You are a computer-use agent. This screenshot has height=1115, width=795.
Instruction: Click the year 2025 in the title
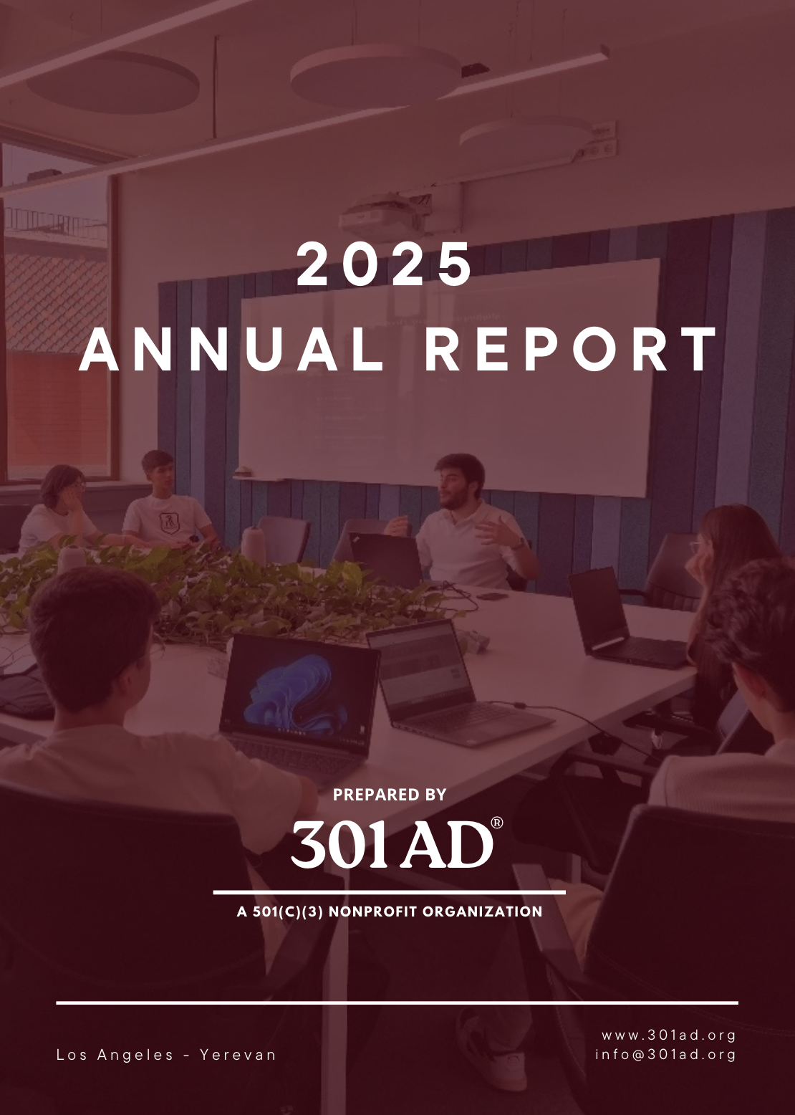[x=385, y=264]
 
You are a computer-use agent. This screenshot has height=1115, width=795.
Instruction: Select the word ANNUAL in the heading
[x=231, y=350]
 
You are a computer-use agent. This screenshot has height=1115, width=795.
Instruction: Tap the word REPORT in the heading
[x=572, y=350]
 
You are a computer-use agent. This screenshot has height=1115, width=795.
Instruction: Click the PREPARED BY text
[x=390, y=795]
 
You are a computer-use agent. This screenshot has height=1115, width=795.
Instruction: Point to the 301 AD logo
[x=392, y=844]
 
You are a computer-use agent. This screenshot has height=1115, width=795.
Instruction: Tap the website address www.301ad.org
[x=668, y=1035]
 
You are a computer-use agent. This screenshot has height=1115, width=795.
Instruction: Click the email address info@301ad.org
[x=665, y=1054]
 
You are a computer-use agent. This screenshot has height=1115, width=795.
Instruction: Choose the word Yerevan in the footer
[x=238, y=1055]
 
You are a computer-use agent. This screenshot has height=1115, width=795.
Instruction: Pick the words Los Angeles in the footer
[x=115, y=1055]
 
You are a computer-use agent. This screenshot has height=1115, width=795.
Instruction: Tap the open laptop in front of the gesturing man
[x=387, y=559]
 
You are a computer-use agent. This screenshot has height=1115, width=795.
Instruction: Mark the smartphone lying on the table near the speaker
[x=492, y=595]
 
